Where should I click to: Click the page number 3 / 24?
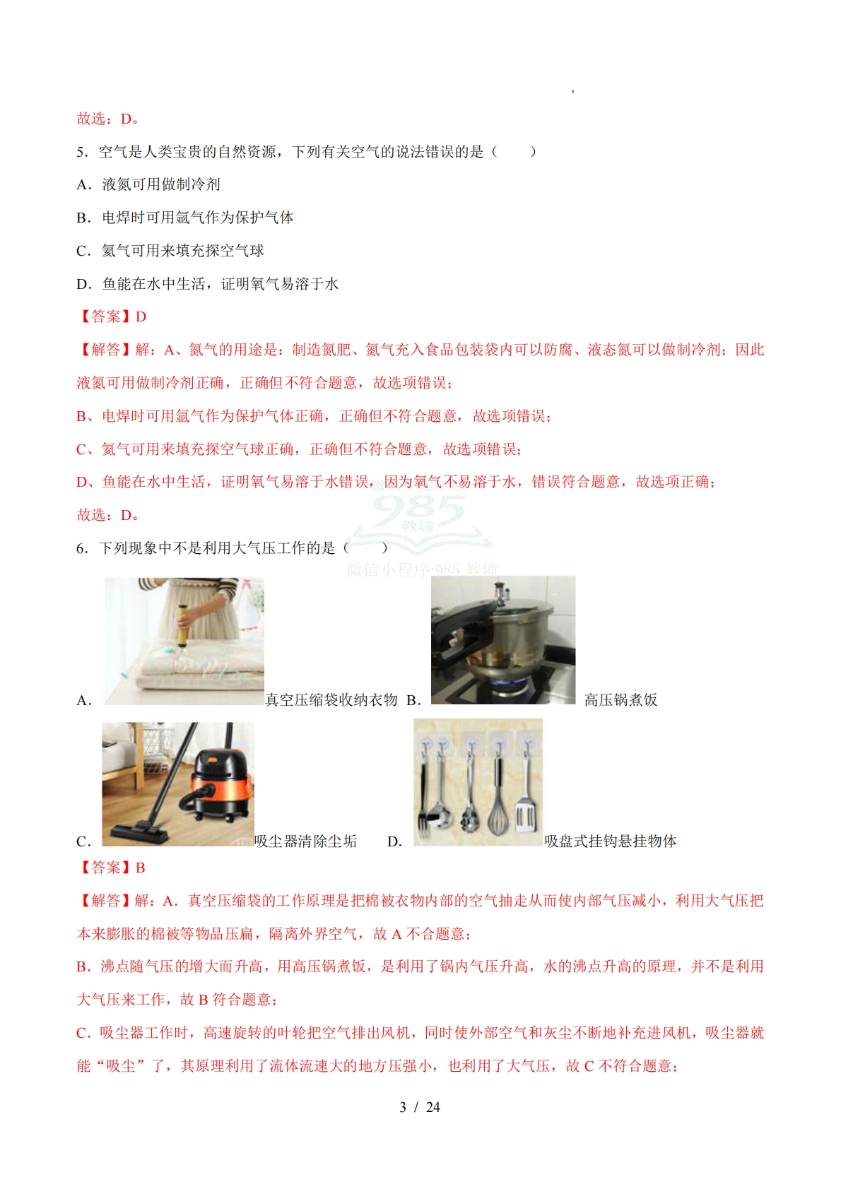click(x=419, y=1107)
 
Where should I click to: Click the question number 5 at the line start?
click(x=81, y=152)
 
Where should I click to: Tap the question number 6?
click(x=81, y=548)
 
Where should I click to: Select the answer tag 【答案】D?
click(x=112, y=317)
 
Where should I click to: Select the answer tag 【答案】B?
click(x=112, y=868)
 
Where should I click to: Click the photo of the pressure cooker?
click(x=502, y=639)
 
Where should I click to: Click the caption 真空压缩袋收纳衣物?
click(x=331, y=700)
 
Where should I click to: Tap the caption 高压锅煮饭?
click(x=621, y=700)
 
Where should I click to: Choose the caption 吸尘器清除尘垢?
click(x=305, y=841)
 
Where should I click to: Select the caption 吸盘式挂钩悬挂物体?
click(x=610, y=841)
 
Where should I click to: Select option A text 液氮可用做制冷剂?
click(x=161, y=185)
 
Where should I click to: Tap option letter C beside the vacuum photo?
click(x=83, y=841)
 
